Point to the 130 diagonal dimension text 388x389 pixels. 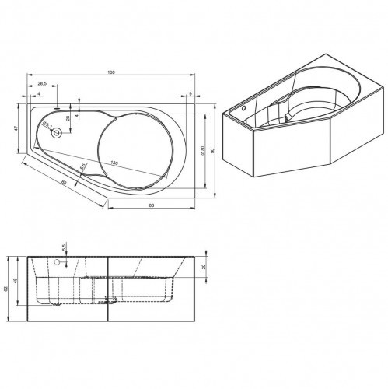[x=114, y=163]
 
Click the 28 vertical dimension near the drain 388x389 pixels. [x=68, y=117]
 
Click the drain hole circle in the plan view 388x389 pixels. [x=56, y=133]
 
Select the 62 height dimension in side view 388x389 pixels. [x=7, y=287]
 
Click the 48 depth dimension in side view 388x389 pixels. [x=16, y=281]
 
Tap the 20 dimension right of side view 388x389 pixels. [x=204, y=267]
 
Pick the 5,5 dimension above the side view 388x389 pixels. [x=65, y=246]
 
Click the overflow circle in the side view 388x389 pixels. [x=56, y=262]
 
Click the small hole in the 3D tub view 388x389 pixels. [x=243, y=108]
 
